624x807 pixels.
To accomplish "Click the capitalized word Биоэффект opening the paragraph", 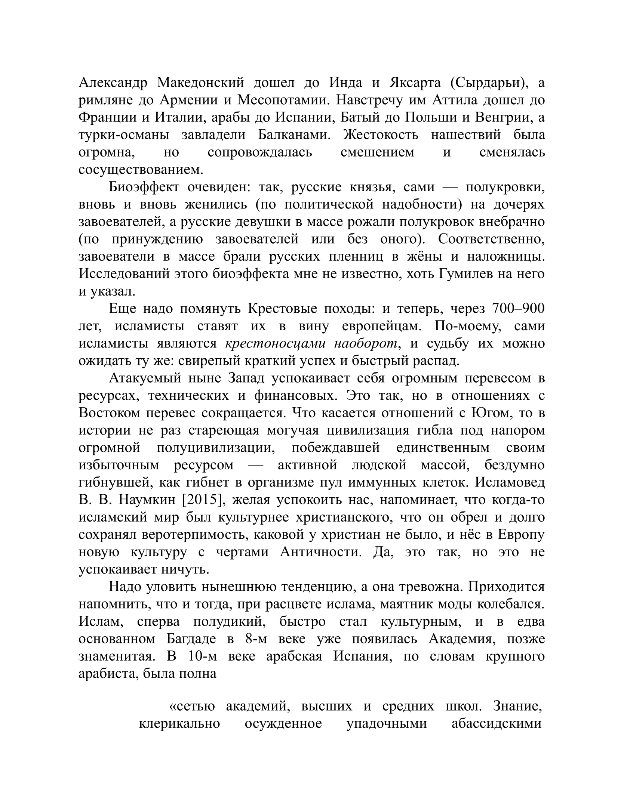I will tap(143, 187).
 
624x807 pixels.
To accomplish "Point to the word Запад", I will tap(246, 378).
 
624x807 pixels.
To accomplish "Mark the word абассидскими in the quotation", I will tap(497, 724).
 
